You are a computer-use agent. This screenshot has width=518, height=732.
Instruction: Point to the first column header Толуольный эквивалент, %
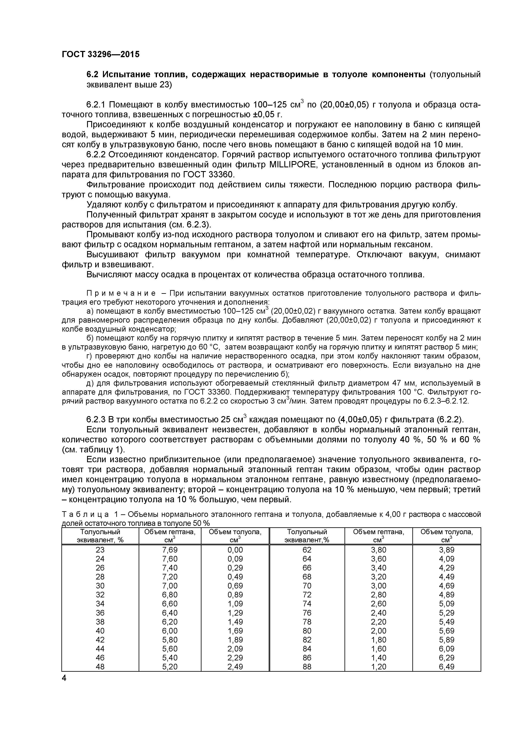click(100, 536)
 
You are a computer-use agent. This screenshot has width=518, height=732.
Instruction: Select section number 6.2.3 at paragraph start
click(97, 419)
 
